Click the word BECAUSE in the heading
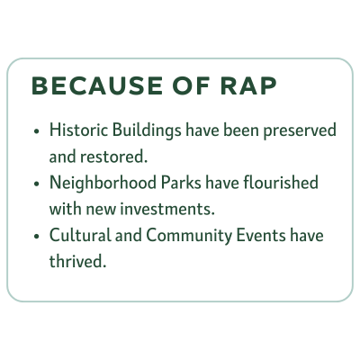point(97,85)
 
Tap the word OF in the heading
point(191,85)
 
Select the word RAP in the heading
point(248,85)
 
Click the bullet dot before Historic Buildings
point(37,131)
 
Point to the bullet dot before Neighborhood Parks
point(37,184)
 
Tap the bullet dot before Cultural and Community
point(37,236)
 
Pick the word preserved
point(300,131)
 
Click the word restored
point(114,157)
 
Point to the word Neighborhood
point(103,184)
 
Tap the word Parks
point(181,183)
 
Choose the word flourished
point(281,183)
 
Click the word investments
point(167,209)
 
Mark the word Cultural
point(80,235)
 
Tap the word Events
point(261,235)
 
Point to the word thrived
point(78,262)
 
